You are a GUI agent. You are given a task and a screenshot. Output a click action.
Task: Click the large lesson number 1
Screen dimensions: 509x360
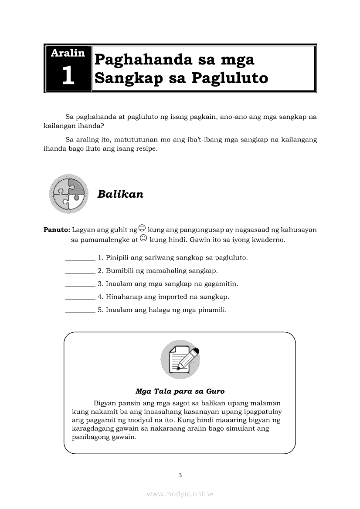click(x=68, y=75)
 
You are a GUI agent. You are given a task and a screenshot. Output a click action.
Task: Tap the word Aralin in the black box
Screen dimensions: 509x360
click(x=68, y=53)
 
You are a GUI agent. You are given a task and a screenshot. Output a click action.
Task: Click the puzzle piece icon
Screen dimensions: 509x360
click(x=69, y=194)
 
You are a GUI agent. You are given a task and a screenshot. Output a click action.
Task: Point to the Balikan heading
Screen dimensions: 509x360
click(x=120, y=194)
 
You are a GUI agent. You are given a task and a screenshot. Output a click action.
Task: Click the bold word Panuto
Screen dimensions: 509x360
click(x=57, y=230)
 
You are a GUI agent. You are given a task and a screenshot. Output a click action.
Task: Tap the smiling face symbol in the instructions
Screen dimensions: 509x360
click(x=142, y=228)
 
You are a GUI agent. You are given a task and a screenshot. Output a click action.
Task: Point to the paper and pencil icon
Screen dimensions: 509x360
click(x=180, y=360)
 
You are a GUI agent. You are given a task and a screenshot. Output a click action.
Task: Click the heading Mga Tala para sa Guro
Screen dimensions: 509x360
click(x=180, y=391)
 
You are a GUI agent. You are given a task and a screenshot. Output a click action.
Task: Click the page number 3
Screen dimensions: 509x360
click(x=180, y=475)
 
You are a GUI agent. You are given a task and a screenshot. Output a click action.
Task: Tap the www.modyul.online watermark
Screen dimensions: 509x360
click(x=180, y=494)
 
